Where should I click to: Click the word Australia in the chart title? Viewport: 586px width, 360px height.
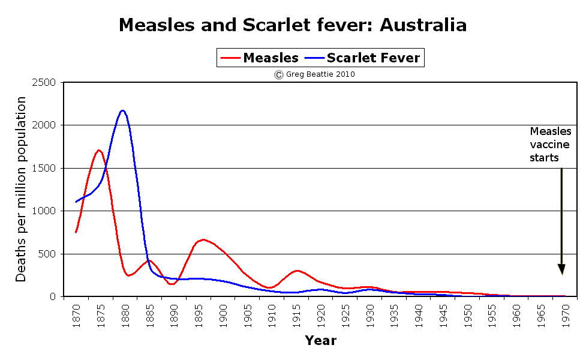pyautogui.click(x=423, y=25)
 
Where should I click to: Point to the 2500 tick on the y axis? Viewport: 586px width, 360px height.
pyautogui.click(x=43, y=82)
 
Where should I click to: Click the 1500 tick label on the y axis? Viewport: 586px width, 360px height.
pyautogui.click(x=43, y=168)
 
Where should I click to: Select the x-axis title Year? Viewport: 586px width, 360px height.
pyautogui.click(x=320, y=341)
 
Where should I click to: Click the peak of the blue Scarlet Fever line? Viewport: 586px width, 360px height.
pyautogui.click(x=122, y=110)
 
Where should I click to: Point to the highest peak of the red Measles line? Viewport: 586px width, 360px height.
pyautogui.click(x=99, y=150)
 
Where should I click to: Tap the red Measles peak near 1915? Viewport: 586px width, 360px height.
pyautogui.click(x=297, y=271)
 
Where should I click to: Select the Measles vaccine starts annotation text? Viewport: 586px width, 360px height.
pyautogui.click(x=550, y=145)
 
